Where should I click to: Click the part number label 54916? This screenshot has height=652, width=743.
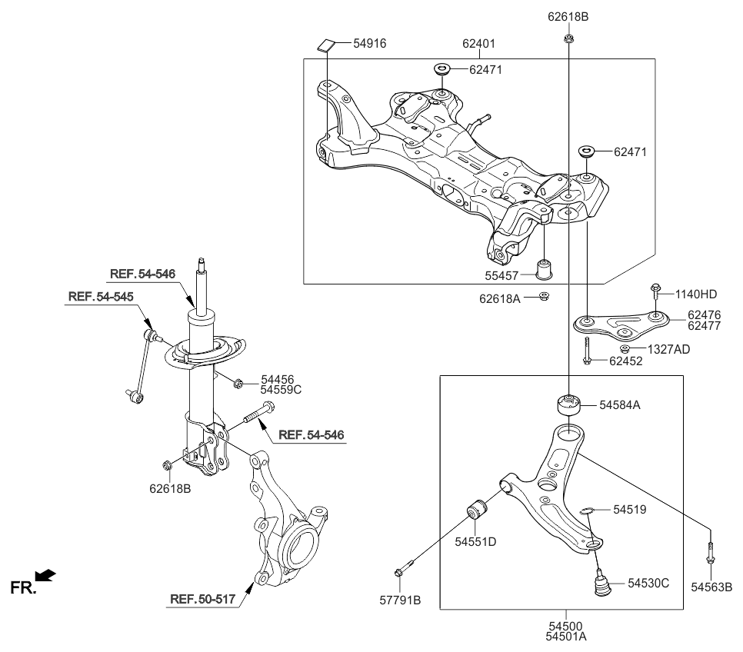pyautogui.click(x=369, y=44)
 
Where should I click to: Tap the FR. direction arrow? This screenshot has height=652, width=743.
pyautogui.click(x=46, y=574)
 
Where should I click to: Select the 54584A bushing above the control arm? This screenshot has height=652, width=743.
pyautogui.click(x=568, y=404)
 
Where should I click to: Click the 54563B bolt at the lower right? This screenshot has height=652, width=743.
pyautogui.click(x=709, y=551)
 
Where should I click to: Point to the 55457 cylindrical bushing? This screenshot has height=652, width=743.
pyautogui.click(x=545, y=270)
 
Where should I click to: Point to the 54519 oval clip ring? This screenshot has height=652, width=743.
pyautogui.click(x=587, y=509)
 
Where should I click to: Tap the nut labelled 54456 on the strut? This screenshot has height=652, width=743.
pyautogui.click(x=238, y=382)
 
